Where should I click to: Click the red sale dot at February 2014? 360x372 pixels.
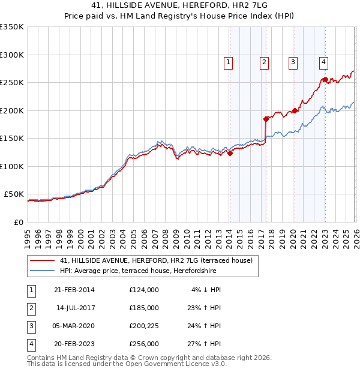(230, 153)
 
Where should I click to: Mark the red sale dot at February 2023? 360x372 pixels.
(325, 79)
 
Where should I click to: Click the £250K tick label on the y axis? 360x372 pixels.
(12, 83)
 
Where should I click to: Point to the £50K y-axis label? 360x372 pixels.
(14, 194)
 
